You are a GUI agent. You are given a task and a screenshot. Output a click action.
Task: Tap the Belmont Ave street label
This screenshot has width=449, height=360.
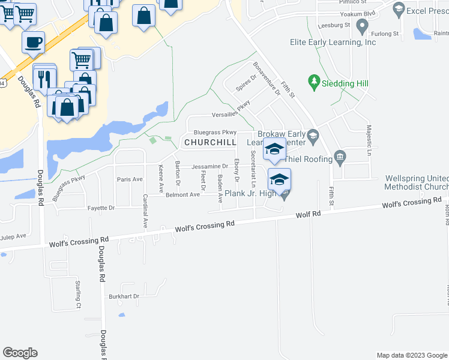[x=182, y=194]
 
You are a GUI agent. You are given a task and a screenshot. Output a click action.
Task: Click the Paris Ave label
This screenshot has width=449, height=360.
[x=130, y=179]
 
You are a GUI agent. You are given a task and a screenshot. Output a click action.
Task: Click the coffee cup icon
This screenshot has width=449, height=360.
[x=33, y=42]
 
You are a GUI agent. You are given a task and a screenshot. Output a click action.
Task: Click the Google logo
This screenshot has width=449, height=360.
[x=20, y=353]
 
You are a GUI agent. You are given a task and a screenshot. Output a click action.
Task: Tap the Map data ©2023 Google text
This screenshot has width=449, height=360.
[x=411, y=355]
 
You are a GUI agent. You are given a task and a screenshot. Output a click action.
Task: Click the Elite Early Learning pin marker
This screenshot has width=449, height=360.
[x=361, y=26]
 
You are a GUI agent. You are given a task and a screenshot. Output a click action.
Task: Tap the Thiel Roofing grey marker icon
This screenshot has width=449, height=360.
[x=340, y=157]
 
